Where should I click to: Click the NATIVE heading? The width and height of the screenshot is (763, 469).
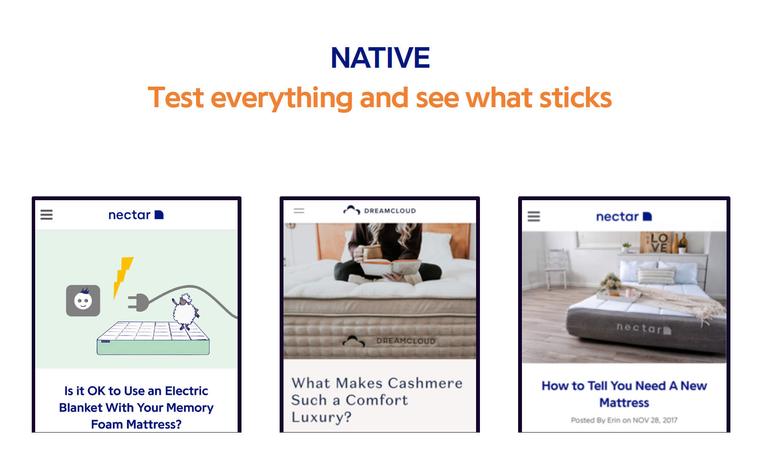coord(380,58)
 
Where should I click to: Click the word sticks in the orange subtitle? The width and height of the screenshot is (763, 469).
coord(576,98)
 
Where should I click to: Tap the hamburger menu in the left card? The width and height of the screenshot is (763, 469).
coord(46,214)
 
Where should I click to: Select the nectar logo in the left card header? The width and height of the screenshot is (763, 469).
coord(136,215)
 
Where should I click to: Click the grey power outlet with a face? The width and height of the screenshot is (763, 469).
coord(83,301)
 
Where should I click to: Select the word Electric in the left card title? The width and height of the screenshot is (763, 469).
coord(187,391)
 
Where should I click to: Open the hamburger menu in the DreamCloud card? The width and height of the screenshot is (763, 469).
coord(299,210)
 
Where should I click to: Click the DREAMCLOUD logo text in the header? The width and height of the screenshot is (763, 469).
coord(390,211)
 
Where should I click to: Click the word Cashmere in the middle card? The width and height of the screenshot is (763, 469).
coord(425,383)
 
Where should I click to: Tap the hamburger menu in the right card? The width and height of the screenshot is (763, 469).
coord(534,216)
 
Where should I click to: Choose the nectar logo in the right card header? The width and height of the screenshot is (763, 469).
coord(624,217)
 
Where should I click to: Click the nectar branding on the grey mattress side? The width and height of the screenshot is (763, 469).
coord(643,328)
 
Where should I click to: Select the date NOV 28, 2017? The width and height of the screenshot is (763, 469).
coord(655,420)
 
